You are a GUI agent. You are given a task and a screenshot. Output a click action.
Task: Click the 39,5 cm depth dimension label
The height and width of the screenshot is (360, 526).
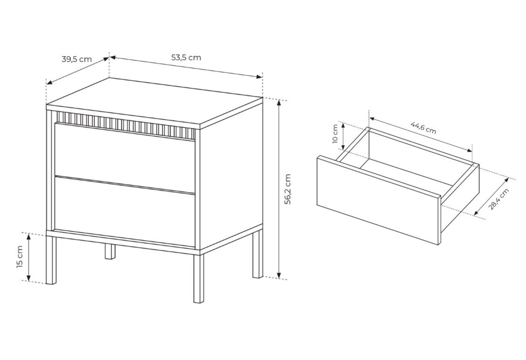[76, 60]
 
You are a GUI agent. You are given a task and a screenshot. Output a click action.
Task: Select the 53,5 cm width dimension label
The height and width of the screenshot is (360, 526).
[186, 57]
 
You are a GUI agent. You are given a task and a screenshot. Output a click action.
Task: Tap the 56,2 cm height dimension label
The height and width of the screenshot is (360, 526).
[288, 189]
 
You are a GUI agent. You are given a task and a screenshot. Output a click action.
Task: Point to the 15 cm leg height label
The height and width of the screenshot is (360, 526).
[20, 257]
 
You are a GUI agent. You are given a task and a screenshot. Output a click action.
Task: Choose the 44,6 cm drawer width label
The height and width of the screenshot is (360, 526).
[424, 127]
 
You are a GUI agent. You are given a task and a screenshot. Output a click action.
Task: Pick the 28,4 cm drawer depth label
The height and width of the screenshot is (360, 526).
[499, 199]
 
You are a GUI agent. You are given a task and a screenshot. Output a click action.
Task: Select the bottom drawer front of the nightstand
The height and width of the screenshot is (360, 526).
[124, 211]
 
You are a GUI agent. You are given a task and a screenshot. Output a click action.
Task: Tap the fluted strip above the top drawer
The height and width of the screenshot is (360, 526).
[126, 125]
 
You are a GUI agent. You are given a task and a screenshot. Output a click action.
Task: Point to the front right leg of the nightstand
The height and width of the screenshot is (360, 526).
[199, 278]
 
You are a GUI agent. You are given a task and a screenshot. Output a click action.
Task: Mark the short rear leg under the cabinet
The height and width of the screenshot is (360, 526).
[109, 251]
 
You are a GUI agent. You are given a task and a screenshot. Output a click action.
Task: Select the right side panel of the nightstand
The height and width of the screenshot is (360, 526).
[231, 175]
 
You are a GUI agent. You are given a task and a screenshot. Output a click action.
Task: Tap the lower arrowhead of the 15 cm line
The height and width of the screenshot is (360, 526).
[29, 277]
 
